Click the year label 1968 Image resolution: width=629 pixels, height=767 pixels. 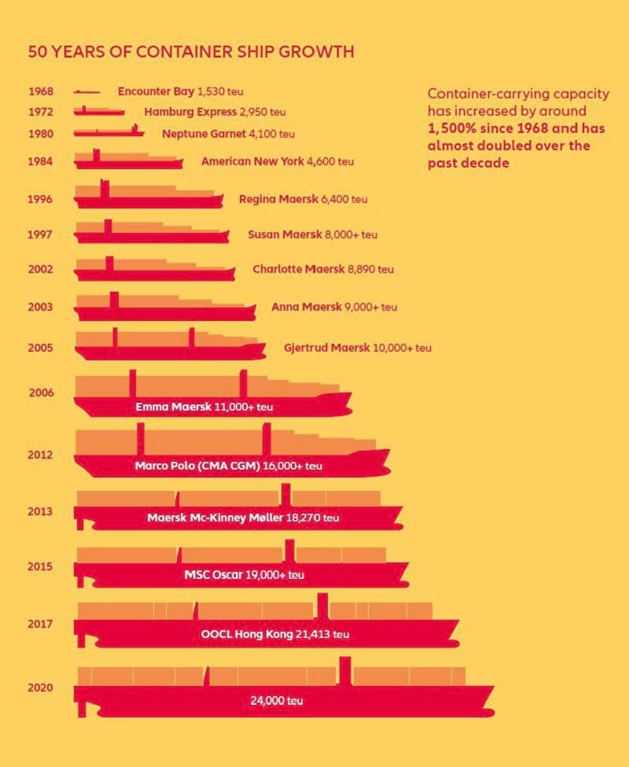pyautogui.click(x=40, y=92)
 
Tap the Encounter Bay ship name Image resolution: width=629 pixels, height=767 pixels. pyautogui.click(x=156, y=92)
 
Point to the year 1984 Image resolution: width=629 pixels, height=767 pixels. pyautogui.click(x=40, y=161)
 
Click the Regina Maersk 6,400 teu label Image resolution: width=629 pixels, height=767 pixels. pyautogui.click(x=303, y=200)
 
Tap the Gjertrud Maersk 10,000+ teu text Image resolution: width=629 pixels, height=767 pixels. pyautogui.click(x=357, y=348)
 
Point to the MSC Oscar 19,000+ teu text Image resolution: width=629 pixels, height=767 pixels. pyautogui.click(x=244, y=575)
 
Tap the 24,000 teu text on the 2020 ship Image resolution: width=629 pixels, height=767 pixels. pyautogui.click(x=276, y=701)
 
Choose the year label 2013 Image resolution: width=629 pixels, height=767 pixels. pyautogui.click(x=40, y=512)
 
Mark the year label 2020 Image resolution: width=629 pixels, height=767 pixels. pyautogui.click(x=40, y=688)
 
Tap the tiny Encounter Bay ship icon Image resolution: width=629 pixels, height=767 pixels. pyautogui.click(x=87, y=92)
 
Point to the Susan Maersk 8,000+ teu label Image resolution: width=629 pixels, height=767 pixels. pyautogui.click(x=312, y=234)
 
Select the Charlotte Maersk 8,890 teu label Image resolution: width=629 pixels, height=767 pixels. pyautogui.click(x=322, y=269)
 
